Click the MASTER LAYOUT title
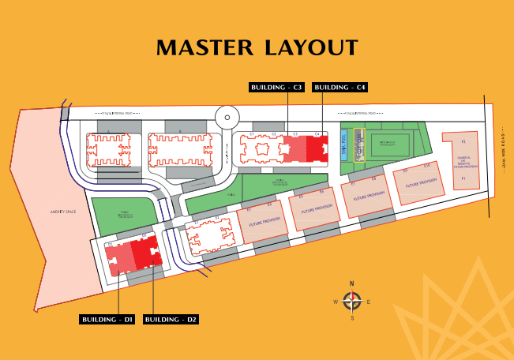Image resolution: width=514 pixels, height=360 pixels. tap(257, 47)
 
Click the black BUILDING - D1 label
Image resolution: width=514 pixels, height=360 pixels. tap(107, 319)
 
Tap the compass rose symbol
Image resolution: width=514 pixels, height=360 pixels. tap(352, 301)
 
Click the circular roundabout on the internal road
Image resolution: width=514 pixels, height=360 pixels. tap(227, 118)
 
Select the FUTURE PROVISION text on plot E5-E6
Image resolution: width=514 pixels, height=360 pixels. tap(313, 211)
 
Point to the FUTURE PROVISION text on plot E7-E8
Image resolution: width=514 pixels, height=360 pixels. tap(368, 197)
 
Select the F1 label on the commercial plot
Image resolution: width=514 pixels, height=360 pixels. tap(464, 181)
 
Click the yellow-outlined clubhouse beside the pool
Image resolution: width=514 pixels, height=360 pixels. tap(360, 145)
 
